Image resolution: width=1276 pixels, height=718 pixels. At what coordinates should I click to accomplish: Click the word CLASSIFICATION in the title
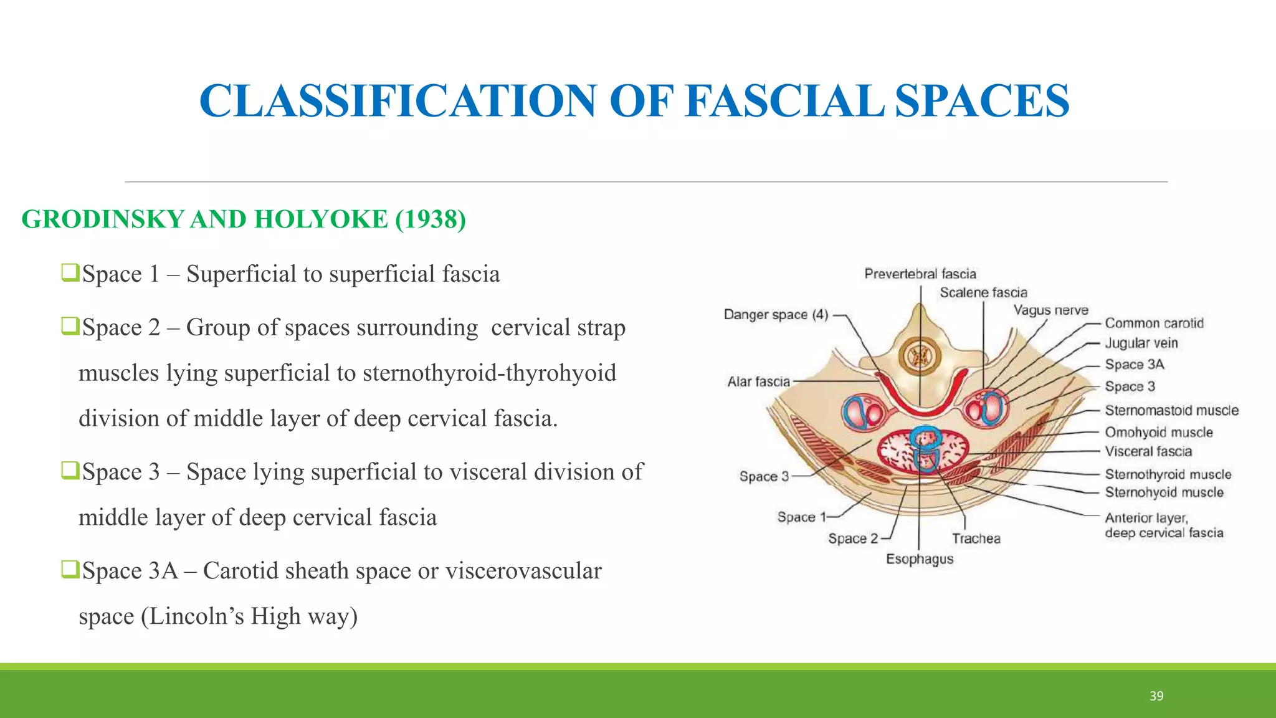coord(398,101)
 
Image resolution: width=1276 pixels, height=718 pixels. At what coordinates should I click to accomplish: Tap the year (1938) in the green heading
coord(430,219)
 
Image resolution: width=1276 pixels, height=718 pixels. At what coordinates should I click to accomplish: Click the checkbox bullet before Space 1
coord(70,272)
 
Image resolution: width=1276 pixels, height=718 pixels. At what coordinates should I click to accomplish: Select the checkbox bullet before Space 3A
coord(70,569)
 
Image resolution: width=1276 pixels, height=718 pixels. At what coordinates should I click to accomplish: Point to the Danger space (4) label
coord(776,315)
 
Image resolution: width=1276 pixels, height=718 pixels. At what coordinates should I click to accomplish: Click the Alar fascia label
coord(758,381)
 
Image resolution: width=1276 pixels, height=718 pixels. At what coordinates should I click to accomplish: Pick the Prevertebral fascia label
coord(920,274)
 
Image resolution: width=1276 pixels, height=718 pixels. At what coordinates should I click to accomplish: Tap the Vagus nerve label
coord(1050,310)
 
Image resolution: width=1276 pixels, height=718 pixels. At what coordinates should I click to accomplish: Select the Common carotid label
coord(1154,323)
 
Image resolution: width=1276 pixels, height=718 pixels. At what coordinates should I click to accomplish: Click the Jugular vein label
coord(1141,343)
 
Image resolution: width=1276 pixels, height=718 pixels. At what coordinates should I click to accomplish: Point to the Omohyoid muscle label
coord(1159,433)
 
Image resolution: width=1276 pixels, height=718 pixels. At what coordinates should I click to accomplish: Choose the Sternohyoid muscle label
coord(1164,492)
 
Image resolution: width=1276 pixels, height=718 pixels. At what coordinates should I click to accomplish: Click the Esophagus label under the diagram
coord(920,559)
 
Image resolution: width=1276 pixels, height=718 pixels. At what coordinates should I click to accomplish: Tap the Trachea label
coord(976,538)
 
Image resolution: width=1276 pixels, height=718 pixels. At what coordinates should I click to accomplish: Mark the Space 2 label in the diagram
coord(852,538)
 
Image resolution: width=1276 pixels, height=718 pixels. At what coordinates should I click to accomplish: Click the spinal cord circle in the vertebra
coord(920,357)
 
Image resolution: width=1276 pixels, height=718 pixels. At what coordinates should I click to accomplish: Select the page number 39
coord(1156,696)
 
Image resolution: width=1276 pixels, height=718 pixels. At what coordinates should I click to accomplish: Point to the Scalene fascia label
coord(983,293)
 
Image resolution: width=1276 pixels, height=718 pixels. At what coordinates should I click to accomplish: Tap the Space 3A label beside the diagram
coord(1134,365)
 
